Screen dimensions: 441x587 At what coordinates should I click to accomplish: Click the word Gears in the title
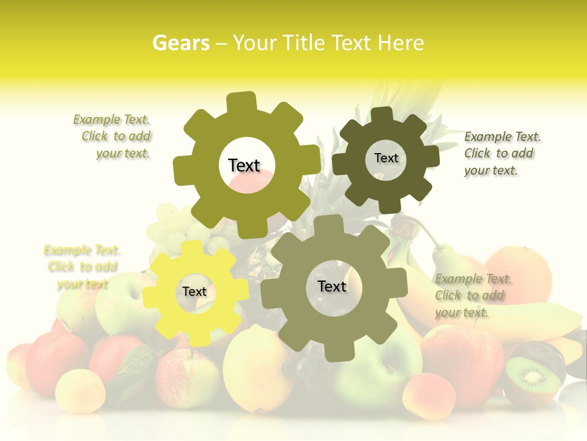(181, 43)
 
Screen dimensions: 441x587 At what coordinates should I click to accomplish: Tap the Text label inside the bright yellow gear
(194, 292)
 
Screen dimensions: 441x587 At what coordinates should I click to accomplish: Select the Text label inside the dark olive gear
(386, 158)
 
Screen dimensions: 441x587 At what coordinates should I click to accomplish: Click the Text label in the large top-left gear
(244, 165)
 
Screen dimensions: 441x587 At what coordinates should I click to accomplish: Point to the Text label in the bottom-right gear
(332, 287)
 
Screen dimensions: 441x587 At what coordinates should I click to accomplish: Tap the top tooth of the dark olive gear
(382, 116)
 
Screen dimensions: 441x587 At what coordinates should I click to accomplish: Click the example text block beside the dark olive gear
(502, 154)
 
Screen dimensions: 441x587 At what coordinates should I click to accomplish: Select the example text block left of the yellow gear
(83, 267)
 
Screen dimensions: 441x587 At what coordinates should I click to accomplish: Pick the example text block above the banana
(473, 296)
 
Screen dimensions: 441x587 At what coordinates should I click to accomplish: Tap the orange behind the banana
(520, 269)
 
